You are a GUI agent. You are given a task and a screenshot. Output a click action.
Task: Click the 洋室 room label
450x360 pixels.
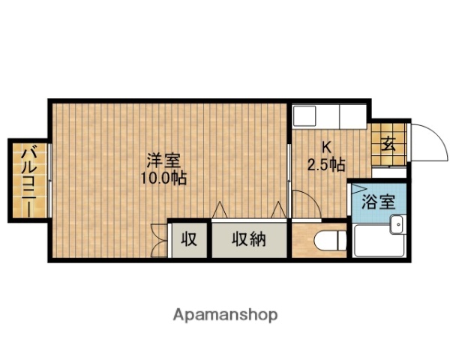163,160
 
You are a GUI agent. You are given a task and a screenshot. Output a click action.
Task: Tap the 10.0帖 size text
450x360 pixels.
163,178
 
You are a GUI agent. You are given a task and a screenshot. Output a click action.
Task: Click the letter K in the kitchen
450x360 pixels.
326,146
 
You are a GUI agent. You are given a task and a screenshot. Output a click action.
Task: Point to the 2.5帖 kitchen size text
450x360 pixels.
326,163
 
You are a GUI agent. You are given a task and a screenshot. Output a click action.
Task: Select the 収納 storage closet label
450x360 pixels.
248,239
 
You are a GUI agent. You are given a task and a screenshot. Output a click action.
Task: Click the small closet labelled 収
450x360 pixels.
189,239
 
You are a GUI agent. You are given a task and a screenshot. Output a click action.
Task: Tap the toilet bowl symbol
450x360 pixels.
329,241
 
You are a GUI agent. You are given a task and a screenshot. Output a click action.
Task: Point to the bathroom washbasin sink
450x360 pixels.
397,223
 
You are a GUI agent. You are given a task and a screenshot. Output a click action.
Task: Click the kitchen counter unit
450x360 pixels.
328,117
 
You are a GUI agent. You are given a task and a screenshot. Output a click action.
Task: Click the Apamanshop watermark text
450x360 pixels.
226,313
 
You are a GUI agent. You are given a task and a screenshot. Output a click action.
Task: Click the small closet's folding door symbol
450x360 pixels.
158,240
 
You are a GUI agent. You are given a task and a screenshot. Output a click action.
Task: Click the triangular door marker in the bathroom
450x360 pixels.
358,188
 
